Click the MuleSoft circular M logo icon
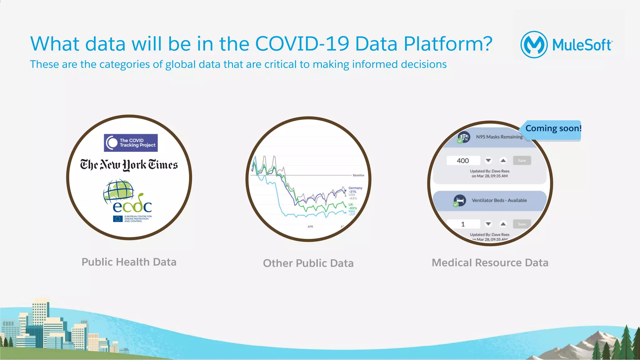[x=534, y=45]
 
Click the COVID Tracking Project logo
[x=131, y=143]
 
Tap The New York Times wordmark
[x=129, y=165]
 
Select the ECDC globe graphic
[x=119, y=190]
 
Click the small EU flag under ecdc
[x=118, y=219]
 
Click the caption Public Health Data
[x=129, y=262]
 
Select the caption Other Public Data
[x=308, y=263]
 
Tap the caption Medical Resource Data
[x=490, y=263]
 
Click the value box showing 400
[x=463, y=160]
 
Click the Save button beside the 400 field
[x=522, y=160]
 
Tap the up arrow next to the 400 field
[x=503, y=160]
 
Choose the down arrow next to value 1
[x=488, y=224]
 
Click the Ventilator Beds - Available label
[x=499, y=200]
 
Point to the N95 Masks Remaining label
[x=499, y=137]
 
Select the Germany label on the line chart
[x=355, y=188]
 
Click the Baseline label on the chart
[x=358, y=175]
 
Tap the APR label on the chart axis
[x=310, y=227]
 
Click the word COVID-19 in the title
[x=302, y=44]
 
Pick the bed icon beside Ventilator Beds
[x=460, y=200]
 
